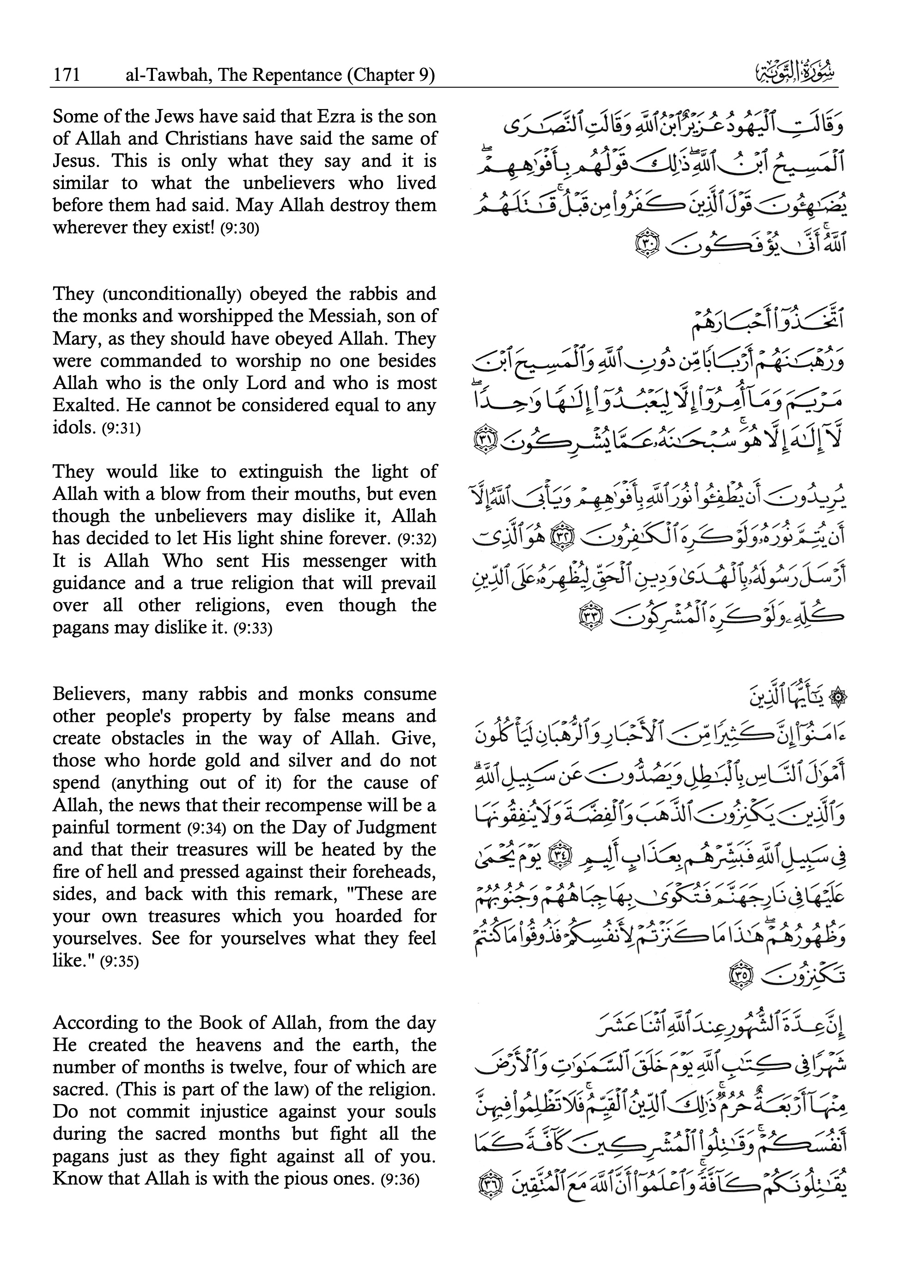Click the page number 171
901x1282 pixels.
tap(67, 75)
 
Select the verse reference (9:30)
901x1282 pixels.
tap(240, 229)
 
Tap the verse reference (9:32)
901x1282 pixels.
tap(416, 540)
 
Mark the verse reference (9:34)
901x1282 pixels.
tap(206, 828)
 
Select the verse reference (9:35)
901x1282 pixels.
tap(119, 961)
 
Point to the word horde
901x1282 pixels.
tap(170, 760)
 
